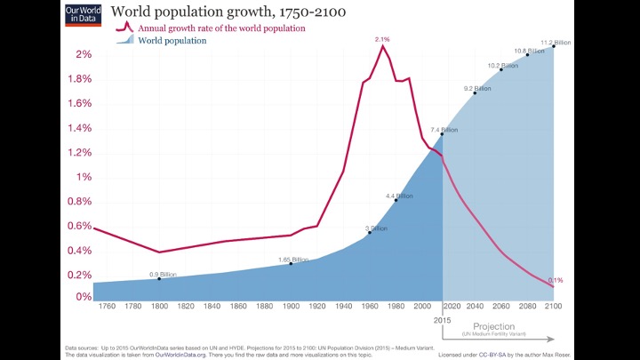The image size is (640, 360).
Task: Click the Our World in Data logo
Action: point(83,14)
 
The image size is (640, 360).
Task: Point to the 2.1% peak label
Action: point(382,39)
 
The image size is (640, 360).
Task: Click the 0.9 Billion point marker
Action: point(159,278)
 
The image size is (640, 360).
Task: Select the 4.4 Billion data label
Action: point(399,196)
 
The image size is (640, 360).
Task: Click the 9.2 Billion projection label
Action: point(477,88)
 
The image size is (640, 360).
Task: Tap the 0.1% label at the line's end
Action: point(556,280)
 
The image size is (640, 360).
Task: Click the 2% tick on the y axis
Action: point(83,55)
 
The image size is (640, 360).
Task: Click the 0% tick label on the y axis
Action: point(83,298)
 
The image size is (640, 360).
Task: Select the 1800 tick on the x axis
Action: point(159,307)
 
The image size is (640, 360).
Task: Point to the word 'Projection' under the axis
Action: point(494,326)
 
